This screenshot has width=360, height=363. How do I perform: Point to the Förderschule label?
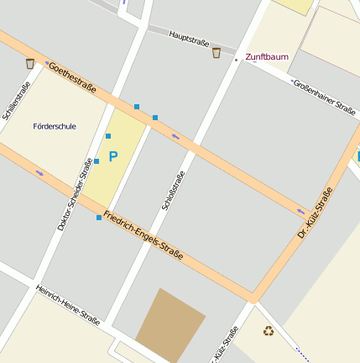[54, 126]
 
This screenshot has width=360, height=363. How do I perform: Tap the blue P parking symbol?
[113, 155]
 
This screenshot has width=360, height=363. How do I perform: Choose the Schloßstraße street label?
[172, 190]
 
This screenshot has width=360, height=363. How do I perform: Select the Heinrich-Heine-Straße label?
[68, 305]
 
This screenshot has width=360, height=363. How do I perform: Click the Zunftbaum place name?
[267, 57]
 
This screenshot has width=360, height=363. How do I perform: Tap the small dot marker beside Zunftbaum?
[236, 60]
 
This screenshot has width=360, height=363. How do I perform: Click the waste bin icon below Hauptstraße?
[217, 54]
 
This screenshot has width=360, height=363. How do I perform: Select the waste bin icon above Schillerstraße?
[30, 63]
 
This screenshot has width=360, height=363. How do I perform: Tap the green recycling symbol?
[269, 331]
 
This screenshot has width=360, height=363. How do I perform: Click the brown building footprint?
[170, 324]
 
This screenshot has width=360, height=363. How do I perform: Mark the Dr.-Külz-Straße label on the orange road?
[316, 213]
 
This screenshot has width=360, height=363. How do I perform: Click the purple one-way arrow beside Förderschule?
[40, 173]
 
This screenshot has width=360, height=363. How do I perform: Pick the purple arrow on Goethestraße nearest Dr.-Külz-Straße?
[300, 211]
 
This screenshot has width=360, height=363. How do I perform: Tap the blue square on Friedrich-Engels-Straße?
[99, 218]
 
